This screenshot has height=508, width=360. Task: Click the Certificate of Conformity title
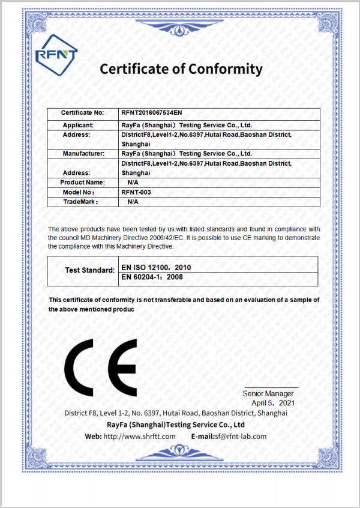(181, 69)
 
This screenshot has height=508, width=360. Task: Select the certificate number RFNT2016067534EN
(152, 113)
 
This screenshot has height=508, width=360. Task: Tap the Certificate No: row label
(83, 113)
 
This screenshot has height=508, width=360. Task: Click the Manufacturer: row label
(83, 154)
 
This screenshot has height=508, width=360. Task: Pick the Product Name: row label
(83, 182)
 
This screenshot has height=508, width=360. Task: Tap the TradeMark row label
(80, 202)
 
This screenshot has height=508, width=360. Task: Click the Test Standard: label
(89, 270)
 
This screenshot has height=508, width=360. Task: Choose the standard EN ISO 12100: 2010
(156, 266)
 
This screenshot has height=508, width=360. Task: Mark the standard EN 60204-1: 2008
(152, 277)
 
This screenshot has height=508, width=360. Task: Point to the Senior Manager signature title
(268, 393)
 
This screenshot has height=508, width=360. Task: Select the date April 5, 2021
(273, 403)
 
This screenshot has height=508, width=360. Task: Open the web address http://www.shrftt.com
(139, 436)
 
